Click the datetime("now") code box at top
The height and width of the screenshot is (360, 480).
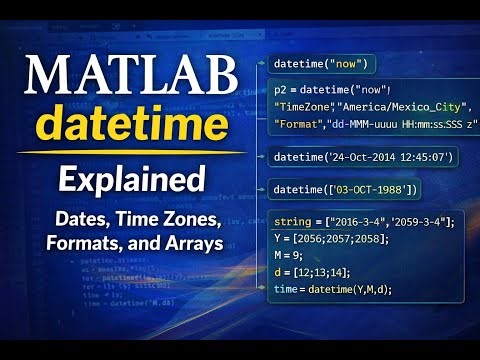[321, 65]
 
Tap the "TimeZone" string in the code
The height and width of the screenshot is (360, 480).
[304, 106]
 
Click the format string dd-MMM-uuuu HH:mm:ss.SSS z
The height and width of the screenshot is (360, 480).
[400, 123]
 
